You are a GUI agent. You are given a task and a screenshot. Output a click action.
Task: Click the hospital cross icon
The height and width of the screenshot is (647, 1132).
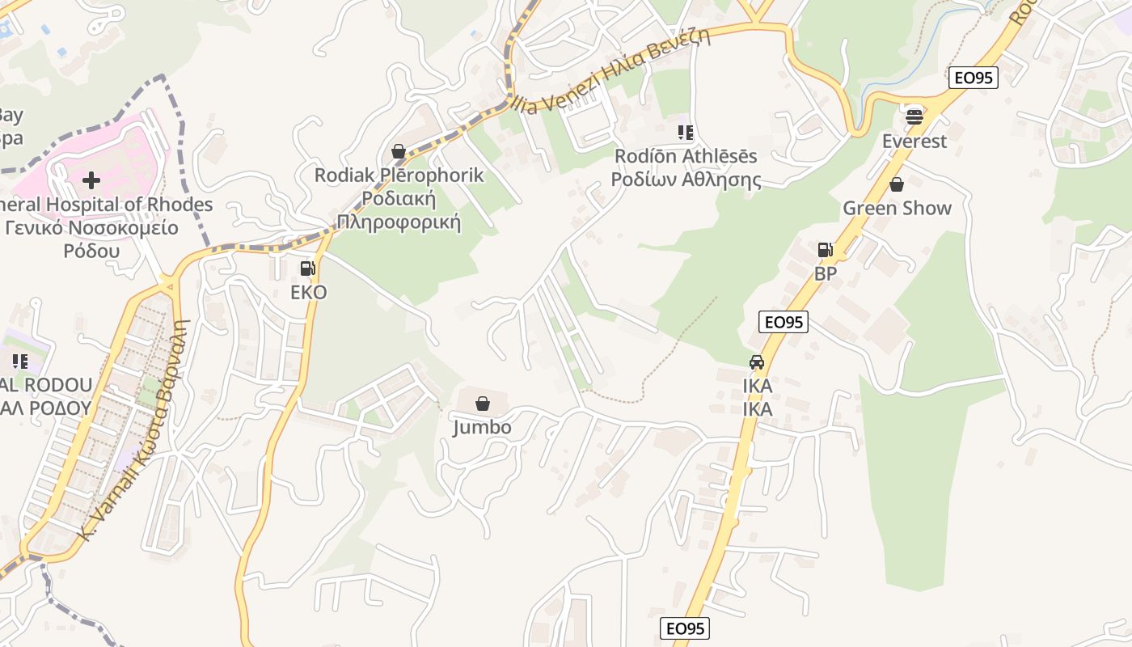91,180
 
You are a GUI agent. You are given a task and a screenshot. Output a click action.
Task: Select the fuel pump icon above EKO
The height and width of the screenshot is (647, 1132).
307,269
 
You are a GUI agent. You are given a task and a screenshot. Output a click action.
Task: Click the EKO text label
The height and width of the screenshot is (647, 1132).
308,293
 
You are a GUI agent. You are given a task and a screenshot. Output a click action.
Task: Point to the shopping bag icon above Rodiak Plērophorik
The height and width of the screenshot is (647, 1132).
398,151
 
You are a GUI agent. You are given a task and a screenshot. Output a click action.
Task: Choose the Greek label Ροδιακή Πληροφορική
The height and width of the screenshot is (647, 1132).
399,210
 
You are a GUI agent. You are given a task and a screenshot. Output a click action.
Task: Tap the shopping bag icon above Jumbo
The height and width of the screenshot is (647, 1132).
483,404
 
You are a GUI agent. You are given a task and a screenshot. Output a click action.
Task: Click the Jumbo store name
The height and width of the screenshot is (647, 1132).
482,427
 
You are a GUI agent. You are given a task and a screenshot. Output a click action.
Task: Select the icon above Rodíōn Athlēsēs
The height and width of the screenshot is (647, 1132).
686,132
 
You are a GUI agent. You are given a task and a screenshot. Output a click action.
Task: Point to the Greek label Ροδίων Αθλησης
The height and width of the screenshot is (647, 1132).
686,180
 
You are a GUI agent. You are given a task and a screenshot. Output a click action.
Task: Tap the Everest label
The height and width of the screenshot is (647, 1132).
914,142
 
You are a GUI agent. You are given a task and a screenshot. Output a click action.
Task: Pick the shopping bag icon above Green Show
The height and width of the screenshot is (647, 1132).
897,184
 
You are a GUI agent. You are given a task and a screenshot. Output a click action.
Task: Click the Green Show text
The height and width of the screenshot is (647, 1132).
898,209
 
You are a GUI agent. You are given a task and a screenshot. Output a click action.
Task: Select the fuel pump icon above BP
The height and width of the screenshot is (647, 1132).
825,250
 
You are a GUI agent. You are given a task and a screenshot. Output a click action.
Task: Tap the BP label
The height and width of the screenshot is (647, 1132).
826,274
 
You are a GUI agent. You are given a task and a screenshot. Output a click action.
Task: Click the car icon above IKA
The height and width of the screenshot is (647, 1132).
757,362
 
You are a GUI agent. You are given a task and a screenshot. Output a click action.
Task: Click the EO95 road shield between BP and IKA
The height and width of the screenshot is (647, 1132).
784,322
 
